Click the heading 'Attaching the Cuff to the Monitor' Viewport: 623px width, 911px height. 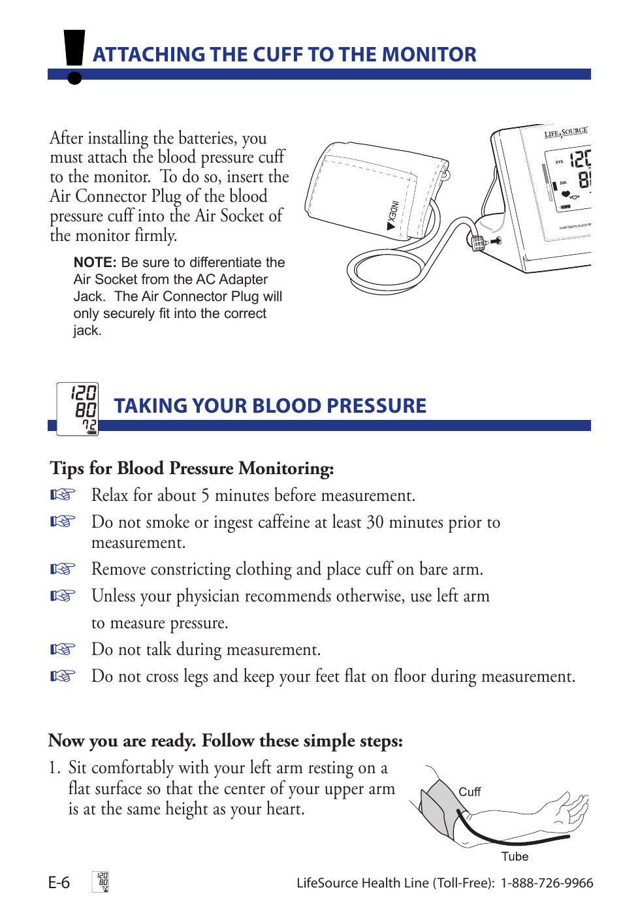(x=284, y=54)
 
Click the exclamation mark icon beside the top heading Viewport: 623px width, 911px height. (x=74, y=57)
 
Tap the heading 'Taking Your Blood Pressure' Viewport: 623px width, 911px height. (x=270, y=406)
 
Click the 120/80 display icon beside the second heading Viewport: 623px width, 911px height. (x=78, y=409)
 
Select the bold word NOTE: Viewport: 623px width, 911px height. (x=95, y=263)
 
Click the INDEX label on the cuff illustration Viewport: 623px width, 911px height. (x=392, y=216)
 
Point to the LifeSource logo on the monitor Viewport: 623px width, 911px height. (x=566, y=132)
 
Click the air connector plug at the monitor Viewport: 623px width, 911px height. (x=479, y=243)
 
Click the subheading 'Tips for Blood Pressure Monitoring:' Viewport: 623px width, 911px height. (x=191, y=468)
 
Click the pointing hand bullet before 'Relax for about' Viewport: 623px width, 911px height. (x=63, y=495)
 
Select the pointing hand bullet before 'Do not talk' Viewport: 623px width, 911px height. (x=63, y=649)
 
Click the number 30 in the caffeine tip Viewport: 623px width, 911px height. (x=375, y=522)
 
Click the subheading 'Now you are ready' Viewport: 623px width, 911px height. (x=225, y=741)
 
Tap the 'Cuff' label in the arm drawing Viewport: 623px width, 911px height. (x=469, y=792)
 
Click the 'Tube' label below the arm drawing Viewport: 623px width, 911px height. (x=515, y=857)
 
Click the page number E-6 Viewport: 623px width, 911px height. (x=59, y=883)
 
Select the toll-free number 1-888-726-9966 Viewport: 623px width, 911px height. (x=547, y=883)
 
